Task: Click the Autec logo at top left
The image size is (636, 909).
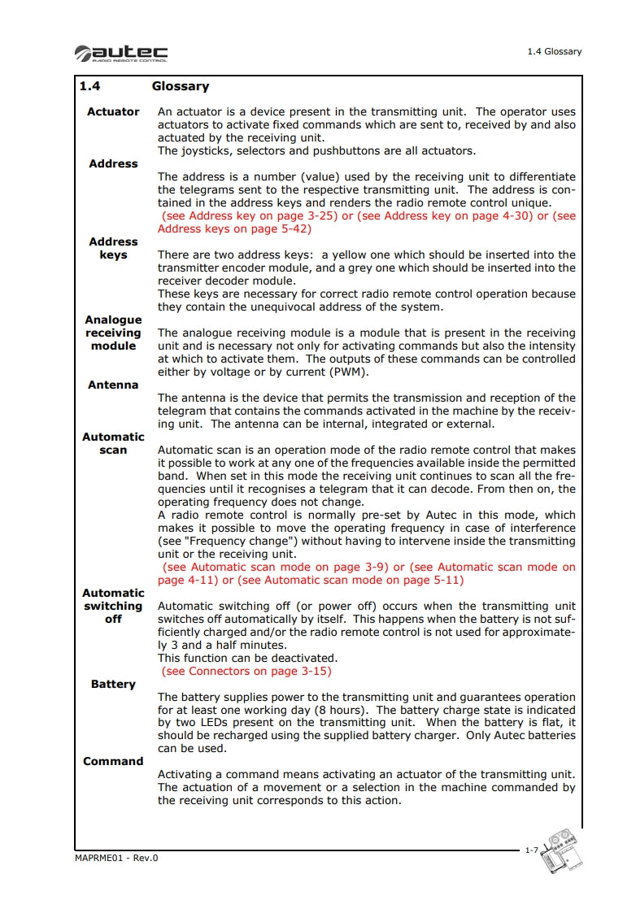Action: click(x=121, y=54)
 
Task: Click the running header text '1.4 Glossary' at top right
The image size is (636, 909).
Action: click(x=554, y=51)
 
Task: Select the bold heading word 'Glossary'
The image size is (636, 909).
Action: click(x=180, y=86)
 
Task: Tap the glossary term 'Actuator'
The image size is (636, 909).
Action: click(x=113, y=111)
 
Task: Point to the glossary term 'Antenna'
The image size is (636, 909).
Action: click(x=113, y=385)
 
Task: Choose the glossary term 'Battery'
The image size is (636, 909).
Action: click(x=113, y=684)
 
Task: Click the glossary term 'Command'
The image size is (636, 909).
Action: click(x=113, y=761)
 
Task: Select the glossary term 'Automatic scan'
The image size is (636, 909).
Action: click(x=113, y=443)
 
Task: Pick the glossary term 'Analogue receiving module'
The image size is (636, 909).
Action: click(x=113, y=333)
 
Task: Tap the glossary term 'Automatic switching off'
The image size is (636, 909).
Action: click(x=113, y=606)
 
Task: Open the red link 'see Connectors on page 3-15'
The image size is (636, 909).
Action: click(x=246, y=672)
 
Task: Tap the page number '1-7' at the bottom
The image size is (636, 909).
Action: click(x=530, y=850)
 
